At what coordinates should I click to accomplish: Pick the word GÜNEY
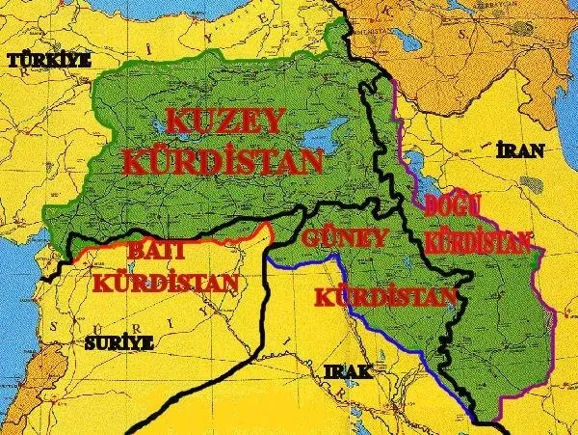pos(345,237)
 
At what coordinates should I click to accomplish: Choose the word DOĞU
pos(459,205)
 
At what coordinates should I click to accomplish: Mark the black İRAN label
pos(518,151)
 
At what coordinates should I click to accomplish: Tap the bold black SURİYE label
pos(118,342)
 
